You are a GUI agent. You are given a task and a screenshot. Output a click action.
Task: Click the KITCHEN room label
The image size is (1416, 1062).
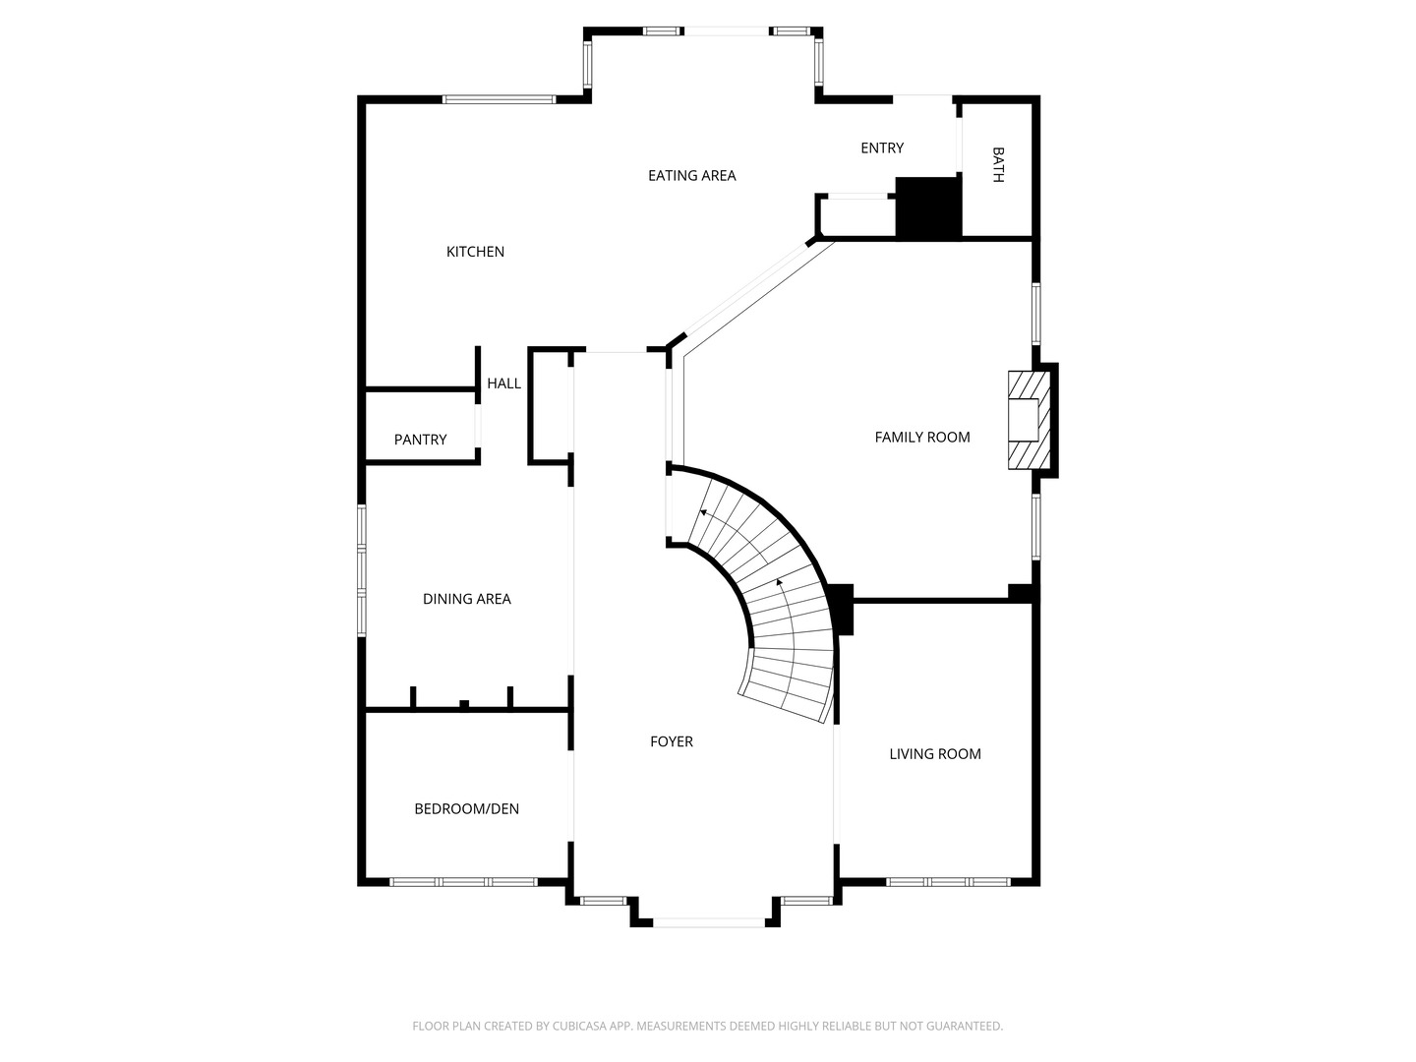[475, 252]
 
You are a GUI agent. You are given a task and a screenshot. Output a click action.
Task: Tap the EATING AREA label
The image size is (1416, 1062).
[691, 175]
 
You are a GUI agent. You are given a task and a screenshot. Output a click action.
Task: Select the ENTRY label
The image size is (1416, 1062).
[882, 147]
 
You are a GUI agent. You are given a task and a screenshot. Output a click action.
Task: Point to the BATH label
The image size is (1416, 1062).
[998, 164]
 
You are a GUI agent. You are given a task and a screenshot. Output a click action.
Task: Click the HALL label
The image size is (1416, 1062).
[503, 383]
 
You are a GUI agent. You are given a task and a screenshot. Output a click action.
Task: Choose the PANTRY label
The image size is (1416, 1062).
[420, 440]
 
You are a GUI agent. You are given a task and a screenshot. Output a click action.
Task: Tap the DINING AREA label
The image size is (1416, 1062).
[466, 599]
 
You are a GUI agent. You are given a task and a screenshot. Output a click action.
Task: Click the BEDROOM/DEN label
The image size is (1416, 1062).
[466, 808]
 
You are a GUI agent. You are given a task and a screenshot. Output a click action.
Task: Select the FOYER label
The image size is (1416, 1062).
[672, 741]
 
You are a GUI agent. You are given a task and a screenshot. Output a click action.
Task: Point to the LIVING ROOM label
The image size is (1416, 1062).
[935, 754]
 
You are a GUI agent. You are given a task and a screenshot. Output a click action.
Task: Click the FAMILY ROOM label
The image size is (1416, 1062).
[921, 438]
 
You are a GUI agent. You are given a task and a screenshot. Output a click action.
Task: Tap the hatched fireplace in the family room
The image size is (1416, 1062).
[1030, 420]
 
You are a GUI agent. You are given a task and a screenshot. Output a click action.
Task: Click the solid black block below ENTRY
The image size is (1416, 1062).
[928, 206]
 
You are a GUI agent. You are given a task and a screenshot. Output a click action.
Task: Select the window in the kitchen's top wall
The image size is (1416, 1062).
[499, 99]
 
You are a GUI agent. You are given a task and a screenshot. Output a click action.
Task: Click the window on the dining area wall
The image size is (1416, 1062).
[362, 570]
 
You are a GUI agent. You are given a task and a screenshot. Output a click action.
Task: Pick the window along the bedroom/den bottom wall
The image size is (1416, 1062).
[464, 882]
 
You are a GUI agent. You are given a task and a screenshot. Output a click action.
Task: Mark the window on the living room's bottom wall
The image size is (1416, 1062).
[948, 882]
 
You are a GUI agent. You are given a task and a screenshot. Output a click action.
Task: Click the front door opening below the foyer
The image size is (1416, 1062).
[709, 922]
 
